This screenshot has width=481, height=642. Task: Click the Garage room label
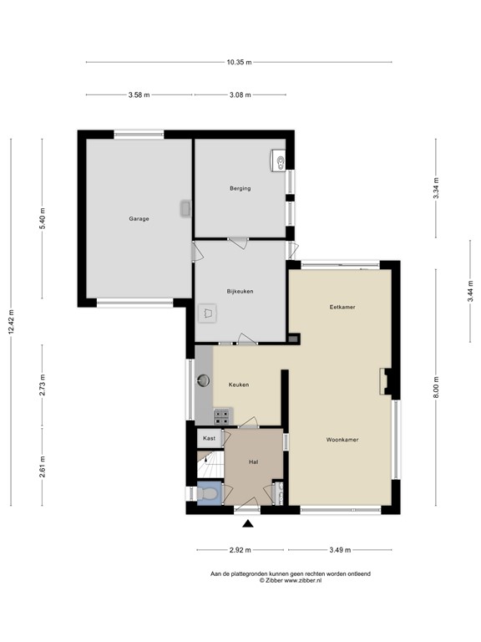coord(139,219)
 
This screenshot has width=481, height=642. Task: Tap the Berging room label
coord(240,189)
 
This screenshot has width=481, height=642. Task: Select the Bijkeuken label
coord(240,291)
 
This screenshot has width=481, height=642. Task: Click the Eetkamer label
coord(342,308)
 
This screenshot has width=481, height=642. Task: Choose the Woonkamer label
coord(342,439)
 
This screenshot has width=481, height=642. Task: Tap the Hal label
coord(253,461)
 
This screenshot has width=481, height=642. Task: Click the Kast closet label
coord(209,438)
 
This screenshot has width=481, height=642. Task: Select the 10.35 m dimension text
coord(239,62)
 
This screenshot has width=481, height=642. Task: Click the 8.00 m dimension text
coord(435,387)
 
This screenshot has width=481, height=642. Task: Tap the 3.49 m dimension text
coord(339,550)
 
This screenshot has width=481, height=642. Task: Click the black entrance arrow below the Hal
coord(247,524)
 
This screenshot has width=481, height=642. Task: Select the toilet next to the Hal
coord(208,495)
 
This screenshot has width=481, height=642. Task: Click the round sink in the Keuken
coord(204,380)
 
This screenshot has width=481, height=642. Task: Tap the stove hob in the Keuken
coord(222,415)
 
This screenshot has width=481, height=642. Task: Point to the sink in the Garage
coord(185,209)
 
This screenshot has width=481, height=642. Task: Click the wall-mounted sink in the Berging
coord(279,160)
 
